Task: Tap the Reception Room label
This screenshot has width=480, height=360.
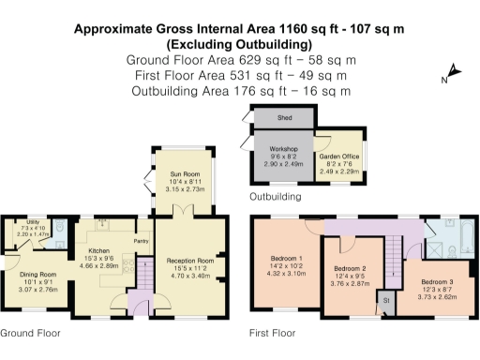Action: [190, 260]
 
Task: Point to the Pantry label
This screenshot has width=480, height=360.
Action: [141, 242]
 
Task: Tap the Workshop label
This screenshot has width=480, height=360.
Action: [283, 149]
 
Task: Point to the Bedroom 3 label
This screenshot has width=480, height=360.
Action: [438, 282]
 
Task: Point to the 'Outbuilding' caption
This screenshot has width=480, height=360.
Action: [275, 198]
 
